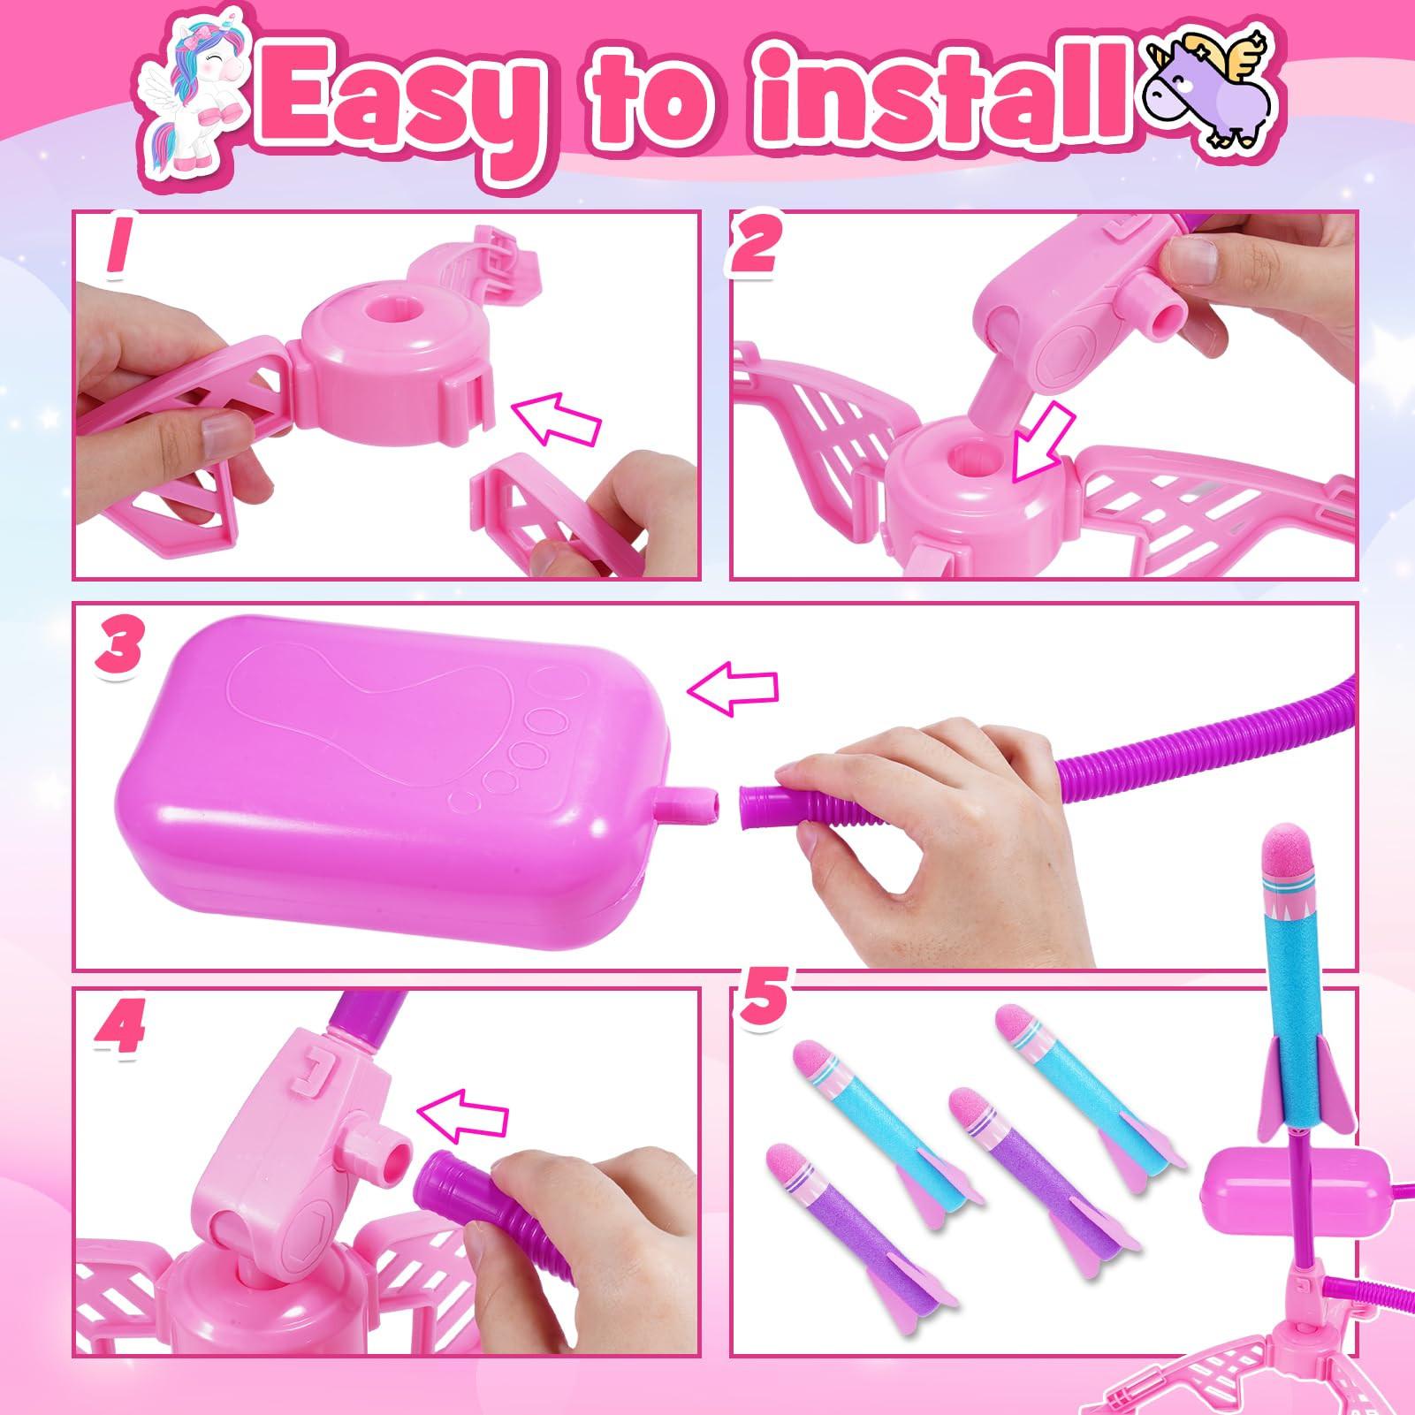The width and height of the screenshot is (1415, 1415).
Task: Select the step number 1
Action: pyautogui.click(x=118, y=250)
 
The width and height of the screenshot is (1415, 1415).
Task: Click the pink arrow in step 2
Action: pyautogui.click(x=1040, y=449)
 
